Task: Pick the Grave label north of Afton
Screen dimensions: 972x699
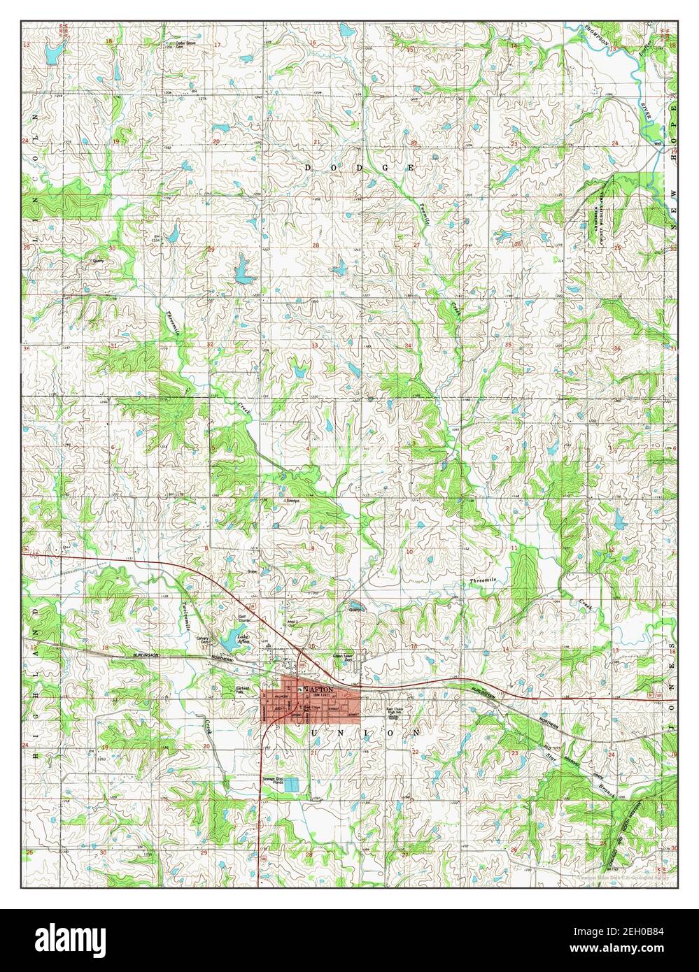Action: pyautogui.click(x=252, y=571)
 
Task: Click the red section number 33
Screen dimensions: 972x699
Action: pyautogui.click(x=315, y=345)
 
